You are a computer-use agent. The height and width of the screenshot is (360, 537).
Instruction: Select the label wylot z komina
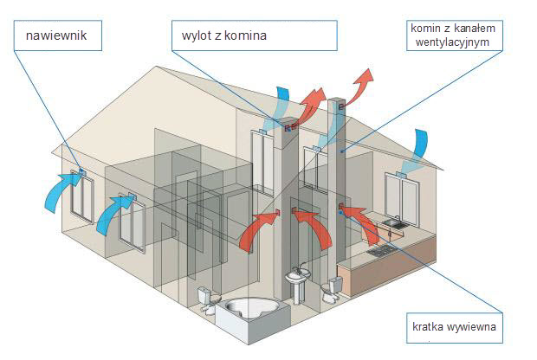[253, 36]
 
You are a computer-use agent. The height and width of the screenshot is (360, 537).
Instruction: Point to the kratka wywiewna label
[457, 329]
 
